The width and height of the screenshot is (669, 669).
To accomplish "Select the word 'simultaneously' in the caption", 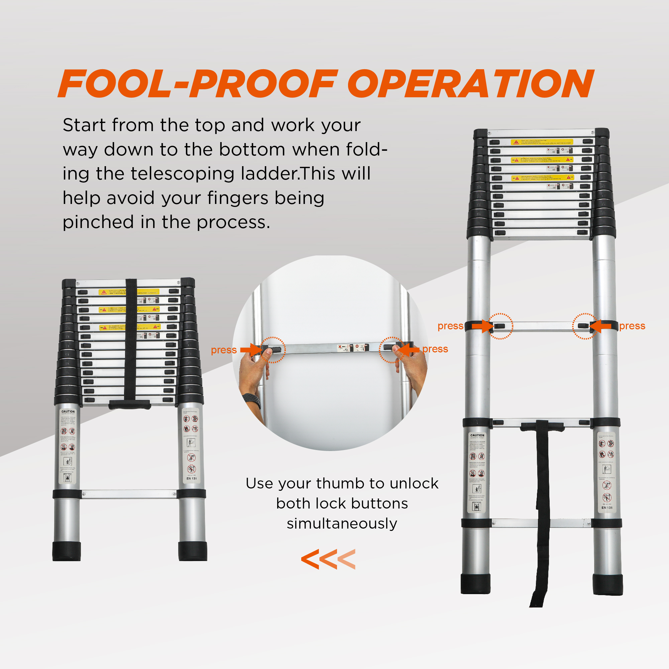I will [x=342, y=524].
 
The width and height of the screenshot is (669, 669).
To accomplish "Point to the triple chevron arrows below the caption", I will [x=328, y=559].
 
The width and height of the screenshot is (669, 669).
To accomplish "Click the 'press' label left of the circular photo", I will [x=224, y=350].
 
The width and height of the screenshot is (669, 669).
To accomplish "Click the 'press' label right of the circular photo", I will [x=435, y=349].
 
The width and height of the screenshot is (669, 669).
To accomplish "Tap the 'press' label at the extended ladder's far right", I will [x=632, y=326].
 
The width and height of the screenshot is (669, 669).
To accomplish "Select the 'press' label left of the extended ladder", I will [x=450, y=326].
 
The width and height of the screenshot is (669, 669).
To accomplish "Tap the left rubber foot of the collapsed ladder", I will [x=67, y=551].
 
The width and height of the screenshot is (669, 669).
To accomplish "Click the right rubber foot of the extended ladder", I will [x=608, y=584].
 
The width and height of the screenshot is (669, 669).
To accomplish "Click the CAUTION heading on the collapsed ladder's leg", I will [x=68, y=411].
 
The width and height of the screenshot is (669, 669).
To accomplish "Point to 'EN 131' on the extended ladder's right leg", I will [x=607, y=508].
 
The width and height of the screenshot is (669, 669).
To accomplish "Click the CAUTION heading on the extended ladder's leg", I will [x=477, y=435].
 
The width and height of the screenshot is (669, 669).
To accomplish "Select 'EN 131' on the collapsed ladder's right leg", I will [x=192, y=478].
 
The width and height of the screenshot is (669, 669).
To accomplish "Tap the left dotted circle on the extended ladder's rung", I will [x=500, y=326].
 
